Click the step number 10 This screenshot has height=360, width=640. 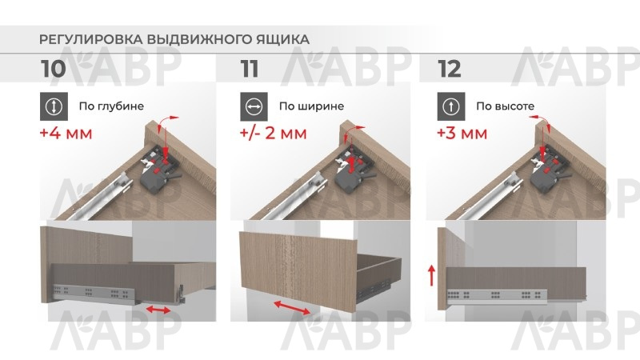click(x=53, y=69)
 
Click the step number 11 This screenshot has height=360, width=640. click(x=249, y=69)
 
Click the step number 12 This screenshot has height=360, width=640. click(x=449, y=69)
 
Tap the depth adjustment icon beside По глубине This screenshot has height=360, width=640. click(x=54, y=106)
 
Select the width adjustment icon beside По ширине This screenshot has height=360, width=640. click(x=254, y=106)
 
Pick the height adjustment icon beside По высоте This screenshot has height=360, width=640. click(x=451, y=106)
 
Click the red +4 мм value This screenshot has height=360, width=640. click(x=66, y=134)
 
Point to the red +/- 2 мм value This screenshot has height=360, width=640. click(x=273, y=134)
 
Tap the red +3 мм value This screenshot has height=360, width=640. click(x=462, y=134)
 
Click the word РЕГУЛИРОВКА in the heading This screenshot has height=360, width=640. click(x=90, y=39)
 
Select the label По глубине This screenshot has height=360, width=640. click(x=111, y=106)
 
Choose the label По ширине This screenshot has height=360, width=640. click(x=311, y=106)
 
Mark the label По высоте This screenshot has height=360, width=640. click(x=506, y=106)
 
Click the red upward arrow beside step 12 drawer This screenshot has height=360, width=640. click(x=432, y=275)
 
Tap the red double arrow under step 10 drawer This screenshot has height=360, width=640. click(x=158, y=310)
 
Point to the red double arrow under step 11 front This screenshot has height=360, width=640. click(x=291, y=307)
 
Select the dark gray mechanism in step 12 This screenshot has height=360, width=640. click(x=547, y=173)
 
